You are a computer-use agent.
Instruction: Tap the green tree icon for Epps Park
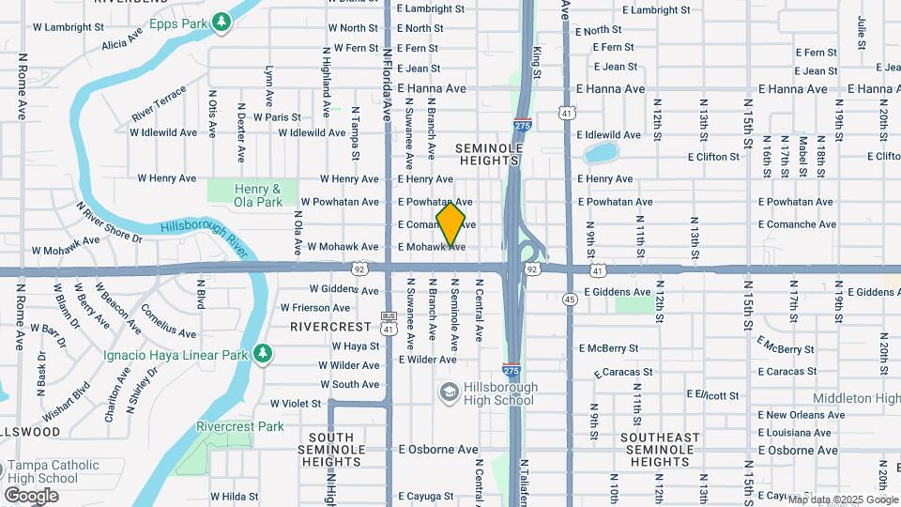(221, 21)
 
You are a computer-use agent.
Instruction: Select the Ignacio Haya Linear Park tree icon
(265, 353)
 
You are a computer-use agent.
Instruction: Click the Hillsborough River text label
(203, 237)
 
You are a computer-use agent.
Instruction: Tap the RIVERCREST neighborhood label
(331, 327)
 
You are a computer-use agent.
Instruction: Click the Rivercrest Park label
(240, 426)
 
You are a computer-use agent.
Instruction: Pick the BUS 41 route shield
(388, 322)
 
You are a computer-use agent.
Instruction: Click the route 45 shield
(570, 300)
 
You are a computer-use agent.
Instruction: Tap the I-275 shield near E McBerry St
(512, 370)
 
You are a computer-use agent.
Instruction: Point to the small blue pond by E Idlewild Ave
(601, 152)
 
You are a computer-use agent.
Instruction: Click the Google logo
(31, 495)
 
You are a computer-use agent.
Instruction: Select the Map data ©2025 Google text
(842, 499)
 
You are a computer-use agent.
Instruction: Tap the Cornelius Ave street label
(168, 320)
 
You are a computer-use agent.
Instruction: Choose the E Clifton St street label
(715, 157)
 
